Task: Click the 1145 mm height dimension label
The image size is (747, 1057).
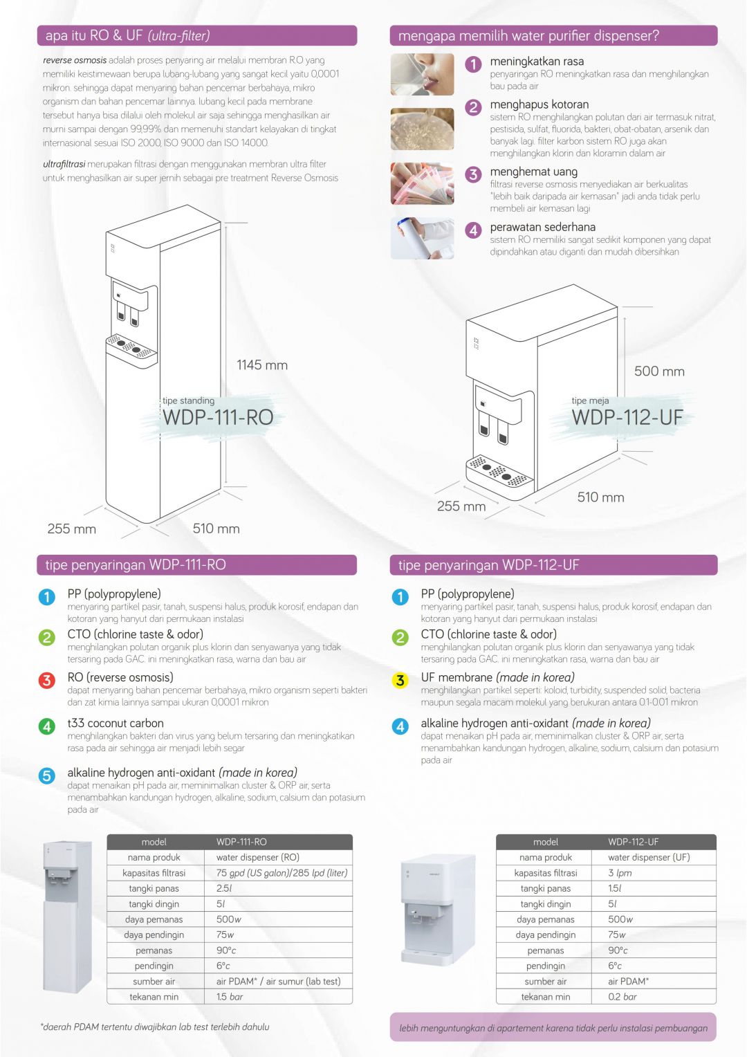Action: pos(261,365)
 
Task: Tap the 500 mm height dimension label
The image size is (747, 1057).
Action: pos(658,371)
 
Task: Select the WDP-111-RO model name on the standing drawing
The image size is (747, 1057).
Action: pos(218,418)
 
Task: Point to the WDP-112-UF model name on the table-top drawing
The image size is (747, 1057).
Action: pos(627,418)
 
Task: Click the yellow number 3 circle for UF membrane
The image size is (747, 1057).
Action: pos(400,681)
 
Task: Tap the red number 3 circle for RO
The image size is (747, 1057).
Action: pos(46,681)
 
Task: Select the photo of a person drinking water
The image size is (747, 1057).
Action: pos(422,74)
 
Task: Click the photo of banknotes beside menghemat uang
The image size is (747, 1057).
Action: pos(422,183)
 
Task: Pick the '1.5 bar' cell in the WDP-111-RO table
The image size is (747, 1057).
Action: pos(230,997)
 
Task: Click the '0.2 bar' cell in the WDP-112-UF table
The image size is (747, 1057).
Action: pos(622,997)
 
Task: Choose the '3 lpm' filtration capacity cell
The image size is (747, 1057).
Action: pos(620,873)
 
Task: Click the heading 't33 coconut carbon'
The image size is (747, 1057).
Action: pos(116,724)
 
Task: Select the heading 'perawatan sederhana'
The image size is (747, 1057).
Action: pos(542,227)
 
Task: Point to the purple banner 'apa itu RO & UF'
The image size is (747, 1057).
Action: pos(196,36)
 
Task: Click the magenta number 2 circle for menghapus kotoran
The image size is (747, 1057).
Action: pos(473,107)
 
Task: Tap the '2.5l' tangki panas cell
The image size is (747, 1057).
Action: pos(224,888)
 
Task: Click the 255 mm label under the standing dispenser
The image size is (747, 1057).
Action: pos(71,529)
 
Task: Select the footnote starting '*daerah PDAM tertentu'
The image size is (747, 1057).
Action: pos(155,1027)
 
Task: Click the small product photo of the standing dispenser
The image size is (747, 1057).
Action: pos(67,917)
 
